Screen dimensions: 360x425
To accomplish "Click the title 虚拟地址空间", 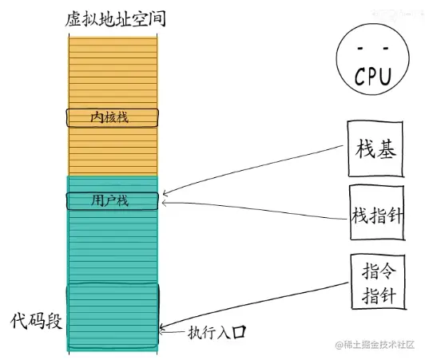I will [116, 18].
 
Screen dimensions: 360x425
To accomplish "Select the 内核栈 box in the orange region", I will [111, 117].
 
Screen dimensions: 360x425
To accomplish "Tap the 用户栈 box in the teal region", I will [111, 200].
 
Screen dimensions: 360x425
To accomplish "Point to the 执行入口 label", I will [216, 331].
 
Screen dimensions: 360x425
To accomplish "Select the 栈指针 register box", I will [376, 214].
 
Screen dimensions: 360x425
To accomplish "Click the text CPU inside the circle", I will [371, 77].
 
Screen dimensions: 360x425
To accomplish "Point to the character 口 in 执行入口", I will [236, 331].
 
